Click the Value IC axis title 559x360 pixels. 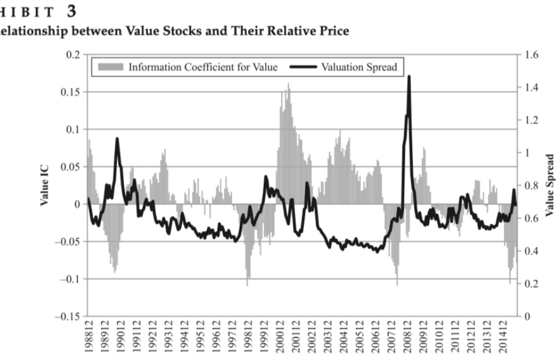click(x=45, y=185)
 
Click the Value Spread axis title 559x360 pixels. click(x=549, y=185)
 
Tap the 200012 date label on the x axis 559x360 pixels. click(x=277, y=338)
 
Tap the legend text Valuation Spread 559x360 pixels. click(x=359, y=67)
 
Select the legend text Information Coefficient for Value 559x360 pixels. click(x=202, y=67)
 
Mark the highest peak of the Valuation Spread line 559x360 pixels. click(x=409, y=77)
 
